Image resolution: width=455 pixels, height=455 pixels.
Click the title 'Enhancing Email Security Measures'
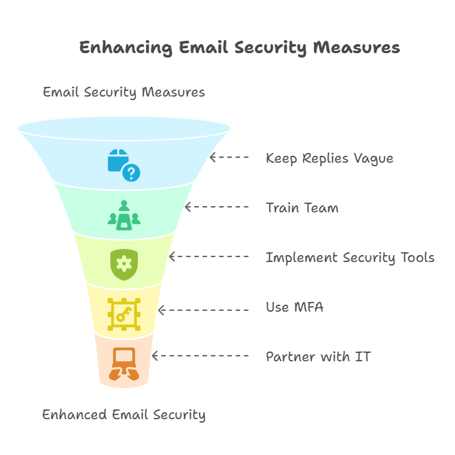click(x=239, y=48)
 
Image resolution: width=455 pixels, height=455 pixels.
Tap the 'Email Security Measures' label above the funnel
click(x=123, y=92)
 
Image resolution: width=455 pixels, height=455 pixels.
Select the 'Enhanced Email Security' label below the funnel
click(x=123, y=414)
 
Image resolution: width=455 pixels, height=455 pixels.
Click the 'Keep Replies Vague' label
click(x=329, y=158)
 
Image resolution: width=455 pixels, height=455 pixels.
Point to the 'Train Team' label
click(x=301, y=208)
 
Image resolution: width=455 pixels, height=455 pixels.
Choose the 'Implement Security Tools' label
click(x=350, y=257)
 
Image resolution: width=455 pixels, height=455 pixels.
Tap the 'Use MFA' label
click(x=294, y=307)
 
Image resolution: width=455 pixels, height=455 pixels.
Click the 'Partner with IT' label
click(x=318, y=356)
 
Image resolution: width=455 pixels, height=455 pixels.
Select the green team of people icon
click(x=123, y=214)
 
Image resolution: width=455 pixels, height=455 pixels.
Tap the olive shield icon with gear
click(x=123, y=263)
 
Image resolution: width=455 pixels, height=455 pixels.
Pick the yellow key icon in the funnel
click(x=123, y=314)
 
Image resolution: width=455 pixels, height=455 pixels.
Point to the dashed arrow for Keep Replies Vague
click(x=229, y=157)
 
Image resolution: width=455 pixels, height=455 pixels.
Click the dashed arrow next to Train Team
click(x=217, y=207)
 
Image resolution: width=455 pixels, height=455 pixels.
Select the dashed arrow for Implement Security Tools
click(x=209, y=256)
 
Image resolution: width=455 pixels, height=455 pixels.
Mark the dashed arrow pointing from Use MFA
click(x=203, y=310)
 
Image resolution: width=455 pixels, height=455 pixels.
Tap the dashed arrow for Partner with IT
click(x=200, y=356)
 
